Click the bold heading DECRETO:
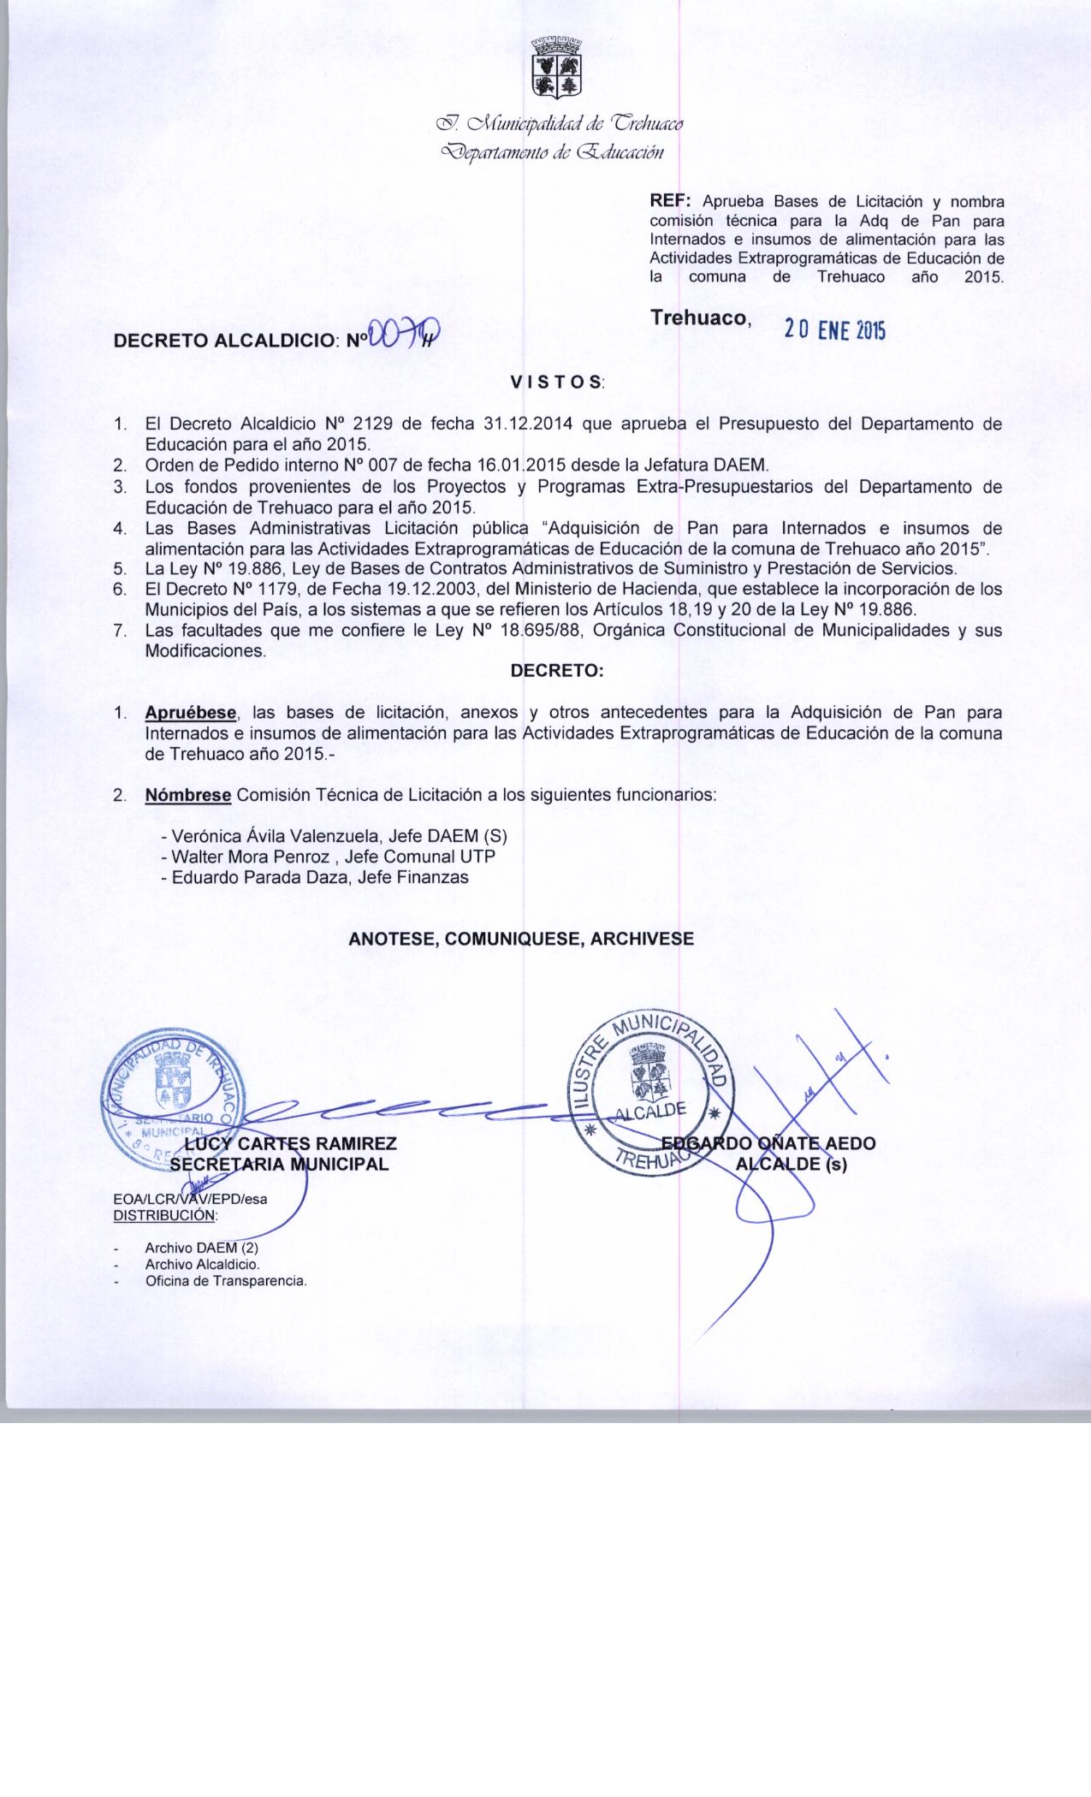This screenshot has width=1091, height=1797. coord(557,671)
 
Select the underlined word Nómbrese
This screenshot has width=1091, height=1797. coord(187,795)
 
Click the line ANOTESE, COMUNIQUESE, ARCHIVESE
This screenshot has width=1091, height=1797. coord(521,939)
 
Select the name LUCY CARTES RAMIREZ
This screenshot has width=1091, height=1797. coord(291,1144)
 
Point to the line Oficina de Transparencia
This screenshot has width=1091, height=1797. coord(226,1281)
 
